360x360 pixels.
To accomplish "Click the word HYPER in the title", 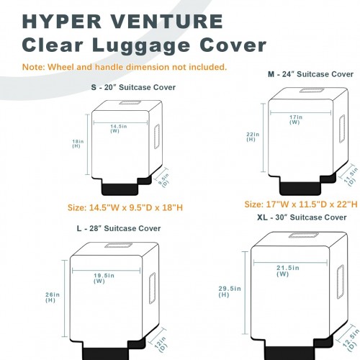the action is pos(62,22).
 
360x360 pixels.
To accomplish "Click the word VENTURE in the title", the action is pos(167,22).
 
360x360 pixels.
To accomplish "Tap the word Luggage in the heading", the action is pos(141,46).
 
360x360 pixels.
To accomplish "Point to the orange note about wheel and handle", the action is pos(125,67).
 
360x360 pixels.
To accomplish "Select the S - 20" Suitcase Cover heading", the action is pos(133,87).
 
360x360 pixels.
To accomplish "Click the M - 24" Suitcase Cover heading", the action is pos(310,74).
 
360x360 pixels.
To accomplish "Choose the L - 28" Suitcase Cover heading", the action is pos(119,228).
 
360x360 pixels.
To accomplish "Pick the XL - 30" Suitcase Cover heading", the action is pos(302,217).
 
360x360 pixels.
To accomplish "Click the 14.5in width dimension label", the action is pos(119,128).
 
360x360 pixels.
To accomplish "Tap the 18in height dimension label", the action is pos(78,143).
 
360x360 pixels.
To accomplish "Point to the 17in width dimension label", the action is pos(296,120).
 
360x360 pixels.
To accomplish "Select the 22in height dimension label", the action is pos(253,137).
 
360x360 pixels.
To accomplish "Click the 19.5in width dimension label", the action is pos(104,278).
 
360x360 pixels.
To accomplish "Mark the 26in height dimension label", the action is pos(53,297).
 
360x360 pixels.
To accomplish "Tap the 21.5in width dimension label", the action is pos(287,271).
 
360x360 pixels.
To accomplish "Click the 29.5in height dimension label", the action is pos(230,292).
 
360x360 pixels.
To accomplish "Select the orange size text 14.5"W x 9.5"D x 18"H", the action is pos(125,207).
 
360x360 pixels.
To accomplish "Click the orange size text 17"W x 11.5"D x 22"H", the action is pos(301,204).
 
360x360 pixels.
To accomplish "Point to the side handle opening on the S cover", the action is pos(157,136).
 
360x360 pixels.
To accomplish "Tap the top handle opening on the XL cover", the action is pos(304,235).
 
